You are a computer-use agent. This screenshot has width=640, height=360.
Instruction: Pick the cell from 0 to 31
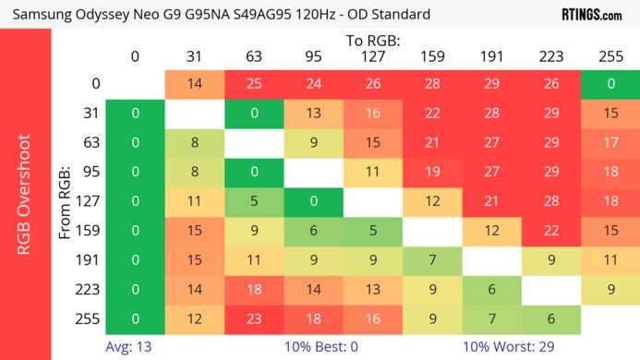pos(194,84)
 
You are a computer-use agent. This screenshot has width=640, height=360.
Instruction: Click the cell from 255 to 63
pos(253,318)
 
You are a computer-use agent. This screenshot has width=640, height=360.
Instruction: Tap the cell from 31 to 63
pos(253,114)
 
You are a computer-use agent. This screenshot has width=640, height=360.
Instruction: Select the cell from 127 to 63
pos(253,201)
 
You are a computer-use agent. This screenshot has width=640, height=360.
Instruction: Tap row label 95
pos(89,172)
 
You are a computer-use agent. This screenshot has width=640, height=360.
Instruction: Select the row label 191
pos(89,260)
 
